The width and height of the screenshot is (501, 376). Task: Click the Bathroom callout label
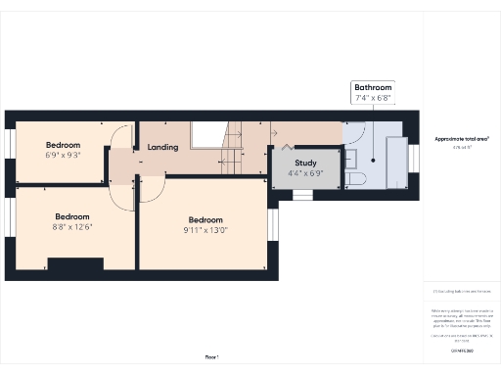(x=374, y=86)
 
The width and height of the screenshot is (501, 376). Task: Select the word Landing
(x=163, y=148)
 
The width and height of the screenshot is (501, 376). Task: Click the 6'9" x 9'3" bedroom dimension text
(x=63, y=154)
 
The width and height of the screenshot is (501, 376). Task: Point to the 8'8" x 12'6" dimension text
(x=72, y=227)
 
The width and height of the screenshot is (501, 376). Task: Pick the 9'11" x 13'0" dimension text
(x=205, y=231)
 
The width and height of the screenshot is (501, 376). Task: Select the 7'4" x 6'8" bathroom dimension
(x=374, y=98)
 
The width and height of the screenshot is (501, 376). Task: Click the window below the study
(x=303, y=195)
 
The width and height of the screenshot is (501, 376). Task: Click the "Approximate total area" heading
(x=462, y=139)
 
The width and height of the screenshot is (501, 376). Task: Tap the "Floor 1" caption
(x=211, y=356)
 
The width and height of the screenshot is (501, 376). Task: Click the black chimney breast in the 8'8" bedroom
(x=74, y=262)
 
